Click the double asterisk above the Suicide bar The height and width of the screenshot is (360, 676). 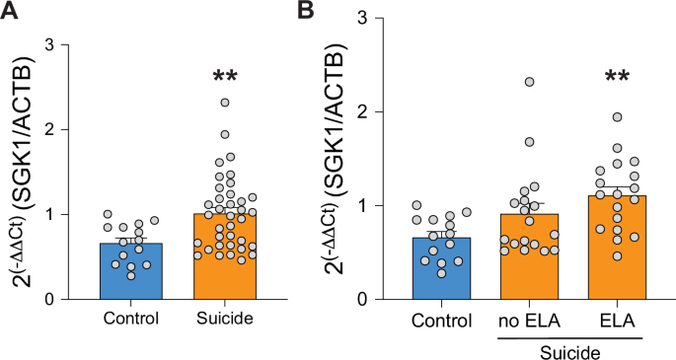tap(224, 76)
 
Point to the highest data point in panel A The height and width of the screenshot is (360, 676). tap(225, 102)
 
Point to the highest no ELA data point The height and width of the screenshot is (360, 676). tap(531, 82)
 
